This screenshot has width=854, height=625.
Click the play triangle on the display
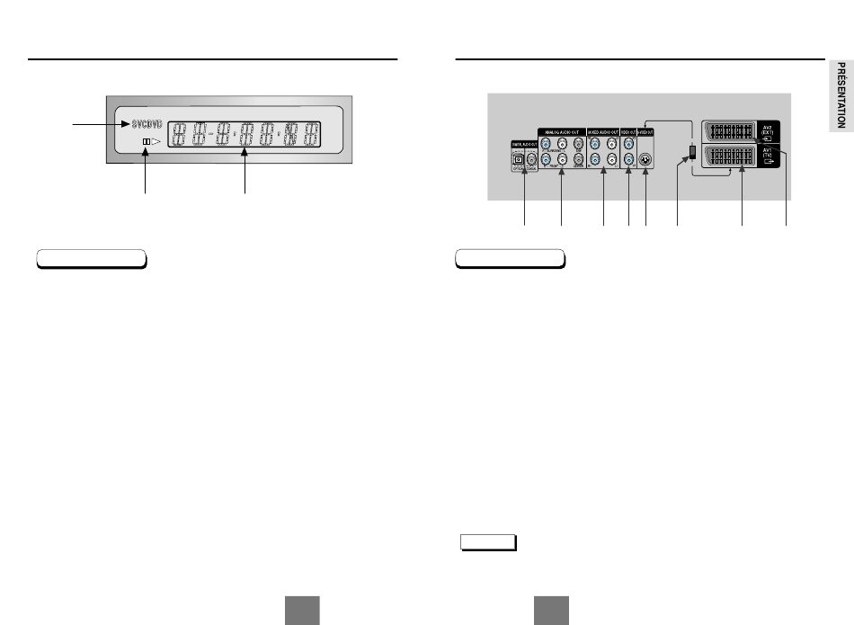click(x=155, y=142)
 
